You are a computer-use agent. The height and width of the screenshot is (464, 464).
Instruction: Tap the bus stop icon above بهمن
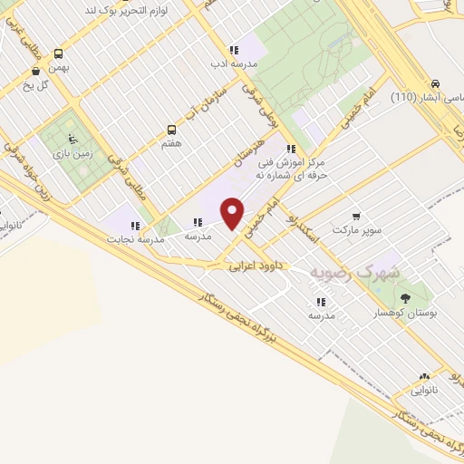59,53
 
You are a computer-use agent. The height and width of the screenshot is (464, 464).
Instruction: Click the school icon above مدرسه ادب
234,51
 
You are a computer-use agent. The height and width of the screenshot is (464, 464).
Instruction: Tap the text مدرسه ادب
234,64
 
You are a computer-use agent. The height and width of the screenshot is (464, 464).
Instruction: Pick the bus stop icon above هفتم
171,130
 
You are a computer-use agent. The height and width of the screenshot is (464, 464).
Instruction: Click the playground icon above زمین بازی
72,140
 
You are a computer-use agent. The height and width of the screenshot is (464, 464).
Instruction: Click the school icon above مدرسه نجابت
135,226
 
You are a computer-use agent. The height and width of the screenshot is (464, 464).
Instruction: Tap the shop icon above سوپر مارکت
357,217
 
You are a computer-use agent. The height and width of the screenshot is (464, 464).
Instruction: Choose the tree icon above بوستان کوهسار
404,297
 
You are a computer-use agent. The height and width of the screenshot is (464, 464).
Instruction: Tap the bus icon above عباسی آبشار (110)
437,82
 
